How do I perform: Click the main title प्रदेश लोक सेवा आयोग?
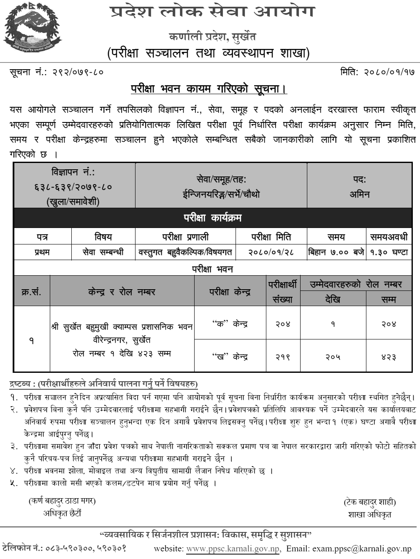coord(212,12)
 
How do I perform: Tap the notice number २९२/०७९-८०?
coord(78,72)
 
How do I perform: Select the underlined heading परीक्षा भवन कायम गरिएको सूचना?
coord(209,89)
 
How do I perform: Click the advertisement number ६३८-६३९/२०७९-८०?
coord(73,187)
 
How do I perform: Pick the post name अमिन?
coord(359,194)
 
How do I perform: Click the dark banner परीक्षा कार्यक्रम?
coord(212,218)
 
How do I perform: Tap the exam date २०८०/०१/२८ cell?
coord(271,252)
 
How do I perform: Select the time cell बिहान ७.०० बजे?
coord(336,252)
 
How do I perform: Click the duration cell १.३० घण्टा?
coord(389,252)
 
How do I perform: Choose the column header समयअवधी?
coord(389,237)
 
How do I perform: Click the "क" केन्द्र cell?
coord(230,324)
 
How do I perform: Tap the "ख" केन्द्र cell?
coord(230,357)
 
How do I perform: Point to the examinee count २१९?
coord(282,357)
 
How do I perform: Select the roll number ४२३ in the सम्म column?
coord(388,357)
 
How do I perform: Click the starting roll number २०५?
coord(333,357)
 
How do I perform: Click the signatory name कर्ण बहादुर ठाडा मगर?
coord(62,501)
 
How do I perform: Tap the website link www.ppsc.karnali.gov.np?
coord(233,549)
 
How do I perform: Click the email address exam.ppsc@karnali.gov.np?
coord(362,549)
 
